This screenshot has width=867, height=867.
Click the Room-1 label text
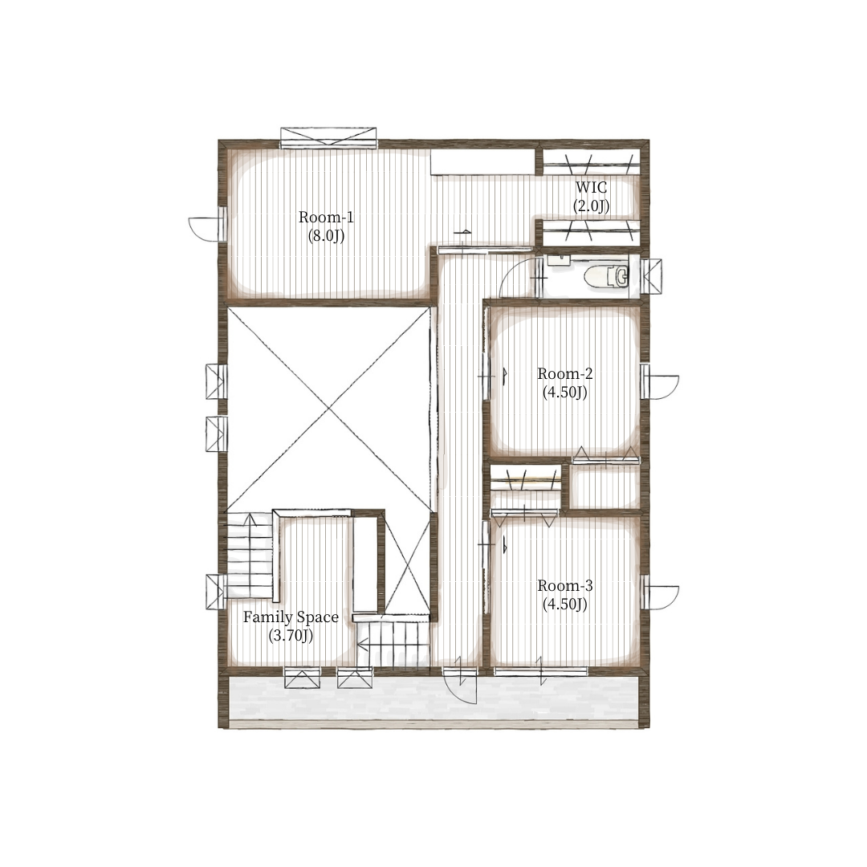point(326,217)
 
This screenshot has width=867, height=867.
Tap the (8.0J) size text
point(326,236)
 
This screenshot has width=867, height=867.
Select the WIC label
point(591,187)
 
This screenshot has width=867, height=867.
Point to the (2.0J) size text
point(591,206)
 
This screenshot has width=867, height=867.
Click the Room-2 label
point(564,373)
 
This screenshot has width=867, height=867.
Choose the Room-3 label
point(564,585)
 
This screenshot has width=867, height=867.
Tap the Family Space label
point(291,617)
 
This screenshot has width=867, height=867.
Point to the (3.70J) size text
point(291,636)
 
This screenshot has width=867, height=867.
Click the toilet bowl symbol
point(608,276)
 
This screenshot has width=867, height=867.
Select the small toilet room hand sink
point(559,260)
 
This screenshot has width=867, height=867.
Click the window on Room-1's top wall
point(328,138)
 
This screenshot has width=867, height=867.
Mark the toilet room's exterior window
point(653,275)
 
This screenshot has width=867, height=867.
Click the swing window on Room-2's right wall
point(660,381)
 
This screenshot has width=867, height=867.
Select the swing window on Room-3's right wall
point(660,592)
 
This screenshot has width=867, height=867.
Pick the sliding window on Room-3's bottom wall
point(541,671)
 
